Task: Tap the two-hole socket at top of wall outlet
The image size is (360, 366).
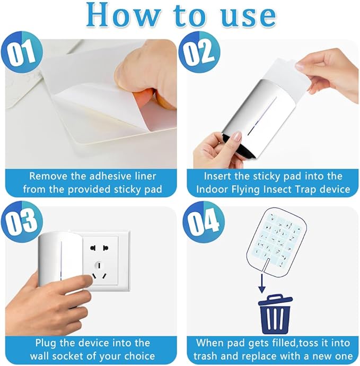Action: coord(98,248)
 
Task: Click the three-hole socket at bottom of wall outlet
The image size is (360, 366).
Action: coord(99,271)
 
